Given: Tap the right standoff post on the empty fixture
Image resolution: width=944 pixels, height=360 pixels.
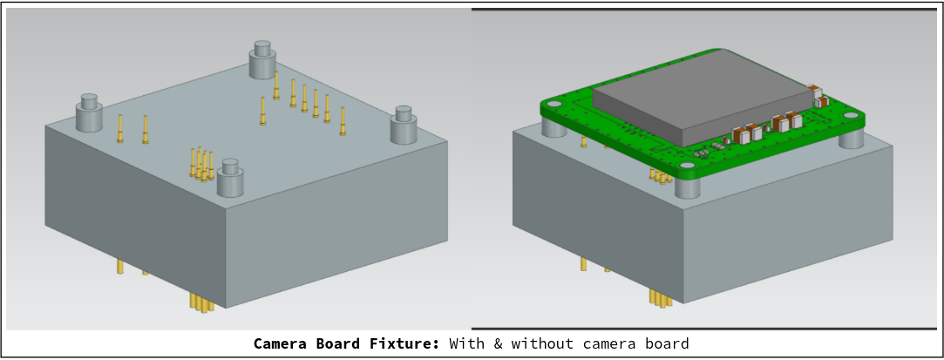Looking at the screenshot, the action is coord(404,125).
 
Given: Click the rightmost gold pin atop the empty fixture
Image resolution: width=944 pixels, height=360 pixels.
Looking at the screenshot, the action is coord(343,121).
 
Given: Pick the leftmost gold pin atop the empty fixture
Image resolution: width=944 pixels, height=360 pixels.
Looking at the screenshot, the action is coord(120,128).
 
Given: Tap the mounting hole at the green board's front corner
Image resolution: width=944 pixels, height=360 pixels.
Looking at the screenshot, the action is coord(688,166).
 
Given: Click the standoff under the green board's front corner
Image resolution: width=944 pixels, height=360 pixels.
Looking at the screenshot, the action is coord(688,188).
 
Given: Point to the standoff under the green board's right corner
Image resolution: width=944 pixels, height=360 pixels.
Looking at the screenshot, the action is coord(852,137).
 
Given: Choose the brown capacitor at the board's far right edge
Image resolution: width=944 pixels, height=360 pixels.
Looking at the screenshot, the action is coord(816,92).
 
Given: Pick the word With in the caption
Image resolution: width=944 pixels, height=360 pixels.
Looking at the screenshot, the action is coord(467,343).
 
